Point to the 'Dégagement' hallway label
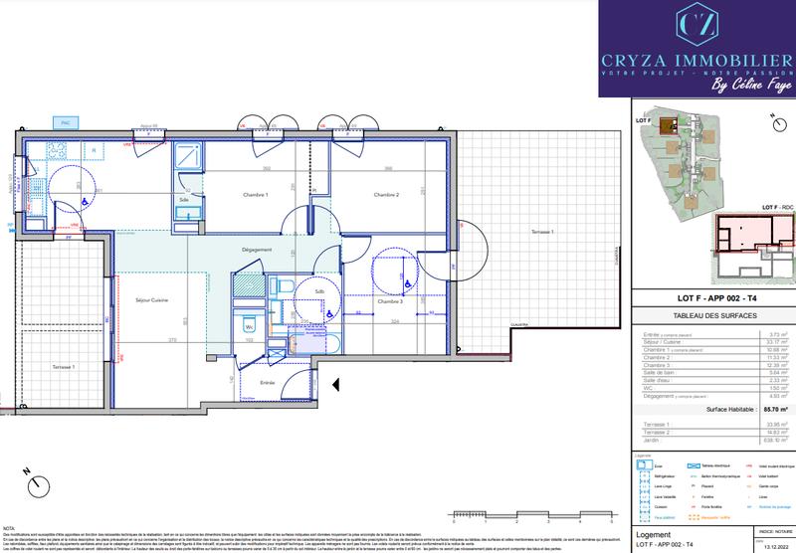click(257, 250)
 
